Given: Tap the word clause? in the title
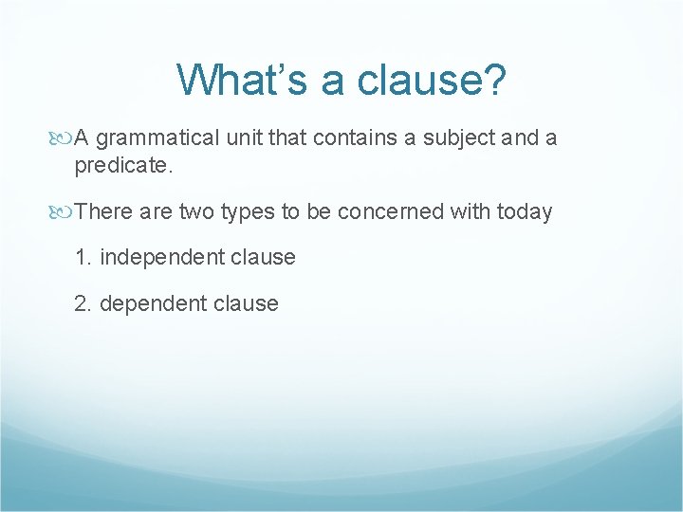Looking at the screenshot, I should [433, 81].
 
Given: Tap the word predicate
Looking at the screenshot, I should [121, 166].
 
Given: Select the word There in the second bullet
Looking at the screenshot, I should [104, 211].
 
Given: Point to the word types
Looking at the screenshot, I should [247, 211].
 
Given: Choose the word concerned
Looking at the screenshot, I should [387, 211].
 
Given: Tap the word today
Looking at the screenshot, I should [523, 211].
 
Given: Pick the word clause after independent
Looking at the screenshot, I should [265, 258].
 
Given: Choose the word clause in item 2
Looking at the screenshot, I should [248, 304].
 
